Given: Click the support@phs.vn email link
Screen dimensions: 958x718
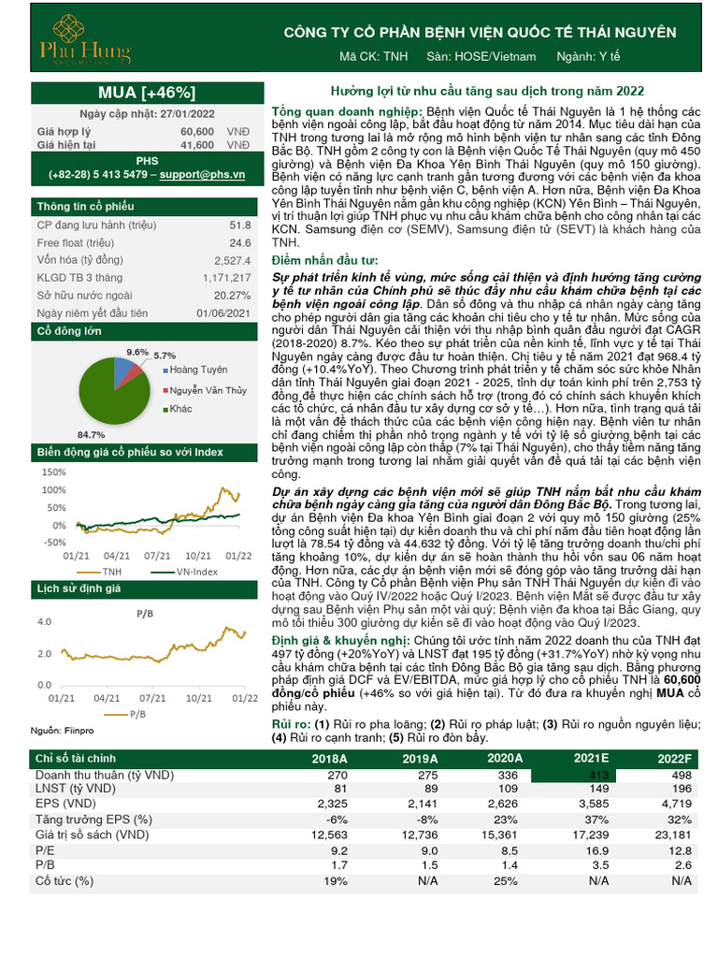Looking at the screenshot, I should pos(202,175).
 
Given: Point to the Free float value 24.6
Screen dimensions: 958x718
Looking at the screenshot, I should pos(239,243).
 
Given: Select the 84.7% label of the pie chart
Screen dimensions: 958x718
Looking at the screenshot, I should pos(91,434).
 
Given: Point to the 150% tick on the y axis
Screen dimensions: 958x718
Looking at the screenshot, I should pos(53,473).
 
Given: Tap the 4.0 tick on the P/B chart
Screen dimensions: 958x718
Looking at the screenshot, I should pos(45,621).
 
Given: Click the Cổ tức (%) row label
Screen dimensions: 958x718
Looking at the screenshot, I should pos(65,880).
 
